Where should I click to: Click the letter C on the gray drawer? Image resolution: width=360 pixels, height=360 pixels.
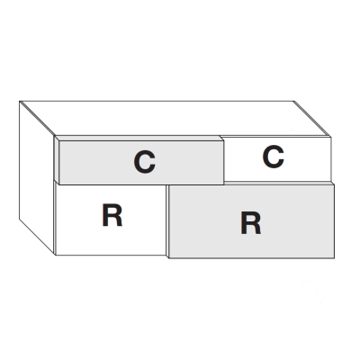(x=144, y=162)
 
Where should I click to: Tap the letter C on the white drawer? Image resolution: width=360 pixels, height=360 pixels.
(x=273, y=157)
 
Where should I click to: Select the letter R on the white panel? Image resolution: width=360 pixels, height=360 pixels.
(x=112, y=215)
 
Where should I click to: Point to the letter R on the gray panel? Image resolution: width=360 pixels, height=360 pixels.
(x=251, y=223)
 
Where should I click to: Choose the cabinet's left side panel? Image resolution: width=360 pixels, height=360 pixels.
(x=37, y=177)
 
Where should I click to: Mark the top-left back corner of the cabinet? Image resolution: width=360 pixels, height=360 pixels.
(x=20, y=102)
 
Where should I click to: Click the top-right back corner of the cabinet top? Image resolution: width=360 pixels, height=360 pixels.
(x=293, y=101)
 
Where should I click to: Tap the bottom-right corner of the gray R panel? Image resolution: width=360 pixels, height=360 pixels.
(x=334, y=257)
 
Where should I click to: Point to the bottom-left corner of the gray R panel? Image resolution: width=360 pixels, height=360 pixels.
(x=169, y=257)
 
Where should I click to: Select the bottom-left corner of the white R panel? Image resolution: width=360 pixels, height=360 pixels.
(x=56, y=255)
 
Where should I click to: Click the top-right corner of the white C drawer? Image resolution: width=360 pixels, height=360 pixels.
(x=330, y=137)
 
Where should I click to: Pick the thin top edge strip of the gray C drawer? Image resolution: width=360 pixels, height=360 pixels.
(x=139, y=138)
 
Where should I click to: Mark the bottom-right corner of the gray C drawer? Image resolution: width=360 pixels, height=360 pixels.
(x=223, y=184)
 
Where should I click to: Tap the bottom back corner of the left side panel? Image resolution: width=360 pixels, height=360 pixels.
(x=20, y=219)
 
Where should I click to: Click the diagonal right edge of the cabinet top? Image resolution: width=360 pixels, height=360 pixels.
(x=312, y=119)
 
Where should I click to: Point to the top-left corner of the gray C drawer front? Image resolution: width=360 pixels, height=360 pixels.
(x=59, y=141)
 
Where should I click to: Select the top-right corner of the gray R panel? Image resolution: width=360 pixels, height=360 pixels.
(x=334, y=184)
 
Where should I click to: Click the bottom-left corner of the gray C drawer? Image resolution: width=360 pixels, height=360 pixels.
(x=59, y=184)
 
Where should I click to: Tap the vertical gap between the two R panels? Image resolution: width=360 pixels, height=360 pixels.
(x=167, y=220)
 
